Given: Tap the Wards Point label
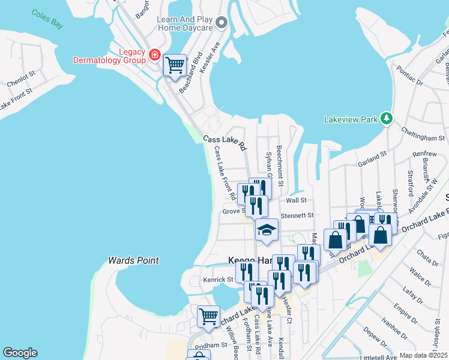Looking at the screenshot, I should point(133,260).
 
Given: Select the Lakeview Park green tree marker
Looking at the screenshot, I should point(388,119).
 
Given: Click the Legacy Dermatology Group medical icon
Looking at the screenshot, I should point(155,55).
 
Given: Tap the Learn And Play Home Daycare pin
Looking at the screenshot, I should point(222,23).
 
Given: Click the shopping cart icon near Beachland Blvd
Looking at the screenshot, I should point(175,64).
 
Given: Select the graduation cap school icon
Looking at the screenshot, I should point(267,230).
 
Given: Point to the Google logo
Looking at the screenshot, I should point(20,353).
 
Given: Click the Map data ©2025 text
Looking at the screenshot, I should point(423,355).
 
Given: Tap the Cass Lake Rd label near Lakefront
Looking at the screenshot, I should point(224,143).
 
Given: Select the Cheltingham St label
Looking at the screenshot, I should point(419,128).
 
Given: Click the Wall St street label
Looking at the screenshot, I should point(296,200).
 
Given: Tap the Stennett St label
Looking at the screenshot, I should point(298,215).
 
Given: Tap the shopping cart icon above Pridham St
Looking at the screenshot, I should point(208,316).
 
